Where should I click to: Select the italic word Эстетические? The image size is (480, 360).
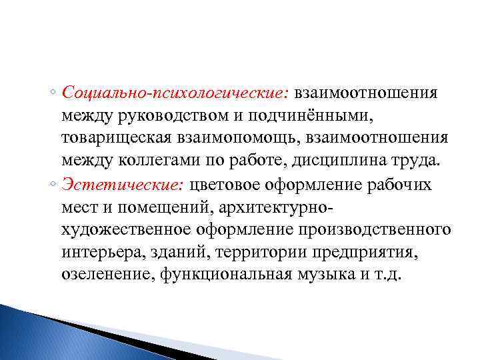click(125, 185)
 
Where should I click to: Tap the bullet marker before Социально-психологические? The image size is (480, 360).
click(55, 93)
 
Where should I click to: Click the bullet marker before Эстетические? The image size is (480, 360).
click(55, 185)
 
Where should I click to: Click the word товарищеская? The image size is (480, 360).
click(124, 139)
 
